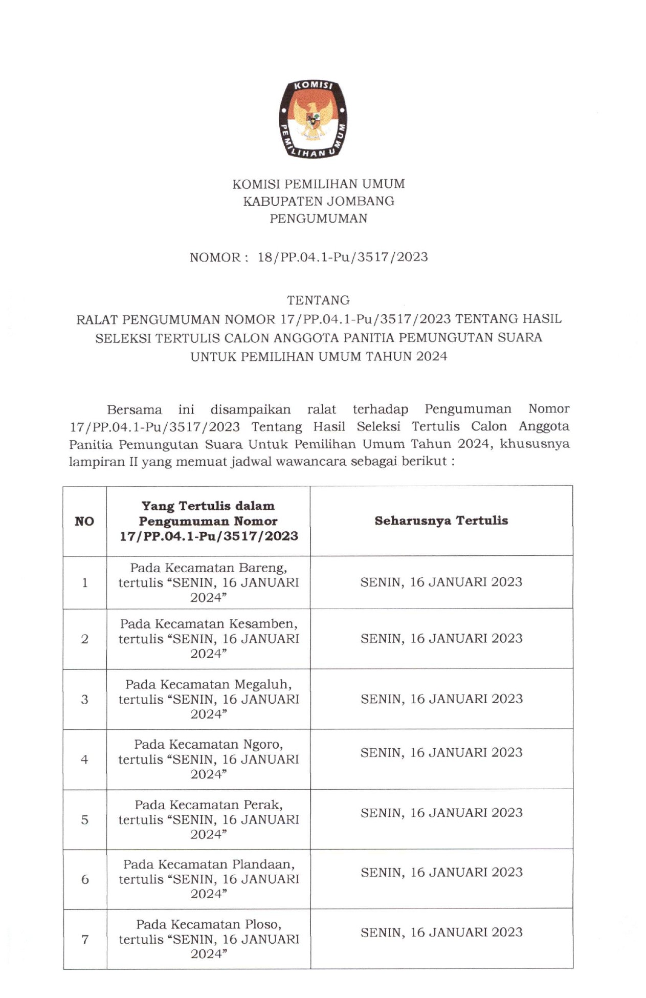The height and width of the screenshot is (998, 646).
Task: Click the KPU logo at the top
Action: [x=313, y=118]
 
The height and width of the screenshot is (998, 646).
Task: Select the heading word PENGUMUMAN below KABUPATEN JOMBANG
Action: [x=318, y=219]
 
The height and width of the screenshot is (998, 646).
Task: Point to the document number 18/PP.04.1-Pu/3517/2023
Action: [x=342, y=257]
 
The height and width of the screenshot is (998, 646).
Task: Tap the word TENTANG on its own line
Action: [x=318, y=300]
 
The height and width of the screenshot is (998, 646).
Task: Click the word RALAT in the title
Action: [x=98, y=319]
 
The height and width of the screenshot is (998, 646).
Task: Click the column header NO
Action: [x=84, y=521]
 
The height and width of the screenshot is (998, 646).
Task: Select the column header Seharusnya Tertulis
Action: [x=441, y=520]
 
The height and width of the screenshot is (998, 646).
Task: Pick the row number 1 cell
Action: [x=85, y=582]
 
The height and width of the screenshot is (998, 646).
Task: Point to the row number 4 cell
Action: [x=85, y=760]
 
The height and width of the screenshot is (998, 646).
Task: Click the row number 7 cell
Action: [x=85, y=940]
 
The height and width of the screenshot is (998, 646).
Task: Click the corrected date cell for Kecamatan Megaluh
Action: [x=441, y=699]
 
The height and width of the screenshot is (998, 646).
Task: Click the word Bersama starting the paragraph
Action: [x=134, y=409]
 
